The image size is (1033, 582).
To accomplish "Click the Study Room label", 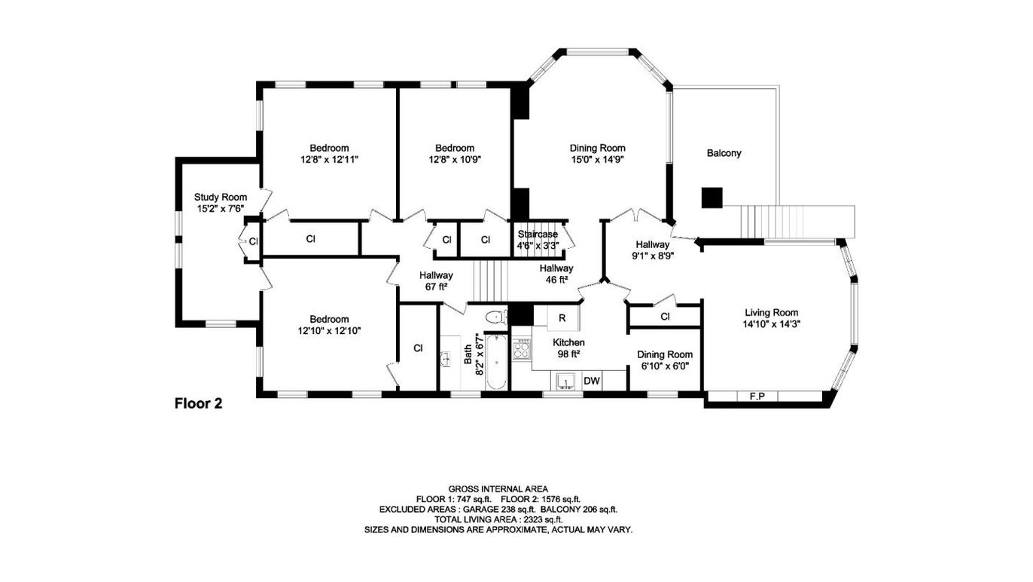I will tap(221, 198).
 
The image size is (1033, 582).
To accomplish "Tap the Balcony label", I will tap(724, 153).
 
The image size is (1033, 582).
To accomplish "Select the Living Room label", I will tap(771, 313).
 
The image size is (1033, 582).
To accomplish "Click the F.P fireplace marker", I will tap(757, 396).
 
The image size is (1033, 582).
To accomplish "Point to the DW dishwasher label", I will tap(593, 381).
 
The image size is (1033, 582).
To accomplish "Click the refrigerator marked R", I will tap(562, 318).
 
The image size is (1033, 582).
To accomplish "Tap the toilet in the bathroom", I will tap(495, 318).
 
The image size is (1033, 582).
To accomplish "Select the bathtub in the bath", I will tap(495, 364).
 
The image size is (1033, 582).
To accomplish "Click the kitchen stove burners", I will tap(521, 348).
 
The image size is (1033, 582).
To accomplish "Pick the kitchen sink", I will tap(565, 382).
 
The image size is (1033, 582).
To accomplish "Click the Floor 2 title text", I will tap(198, 403).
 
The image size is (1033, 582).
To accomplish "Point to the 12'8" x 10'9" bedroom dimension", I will tap(455, 160).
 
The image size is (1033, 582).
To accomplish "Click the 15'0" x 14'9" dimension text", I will tap(597, 160).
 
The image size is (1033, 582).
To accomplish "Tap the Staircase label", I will tap(538, 234).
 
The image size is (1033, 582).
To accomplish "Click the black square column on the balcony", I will tap(712, 198).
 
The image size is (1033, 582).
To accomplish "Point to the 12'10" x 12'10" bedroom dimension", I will tap(329, 330).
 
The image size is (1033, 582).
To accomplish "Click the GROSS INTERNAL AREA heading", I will tap(498, 489).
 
